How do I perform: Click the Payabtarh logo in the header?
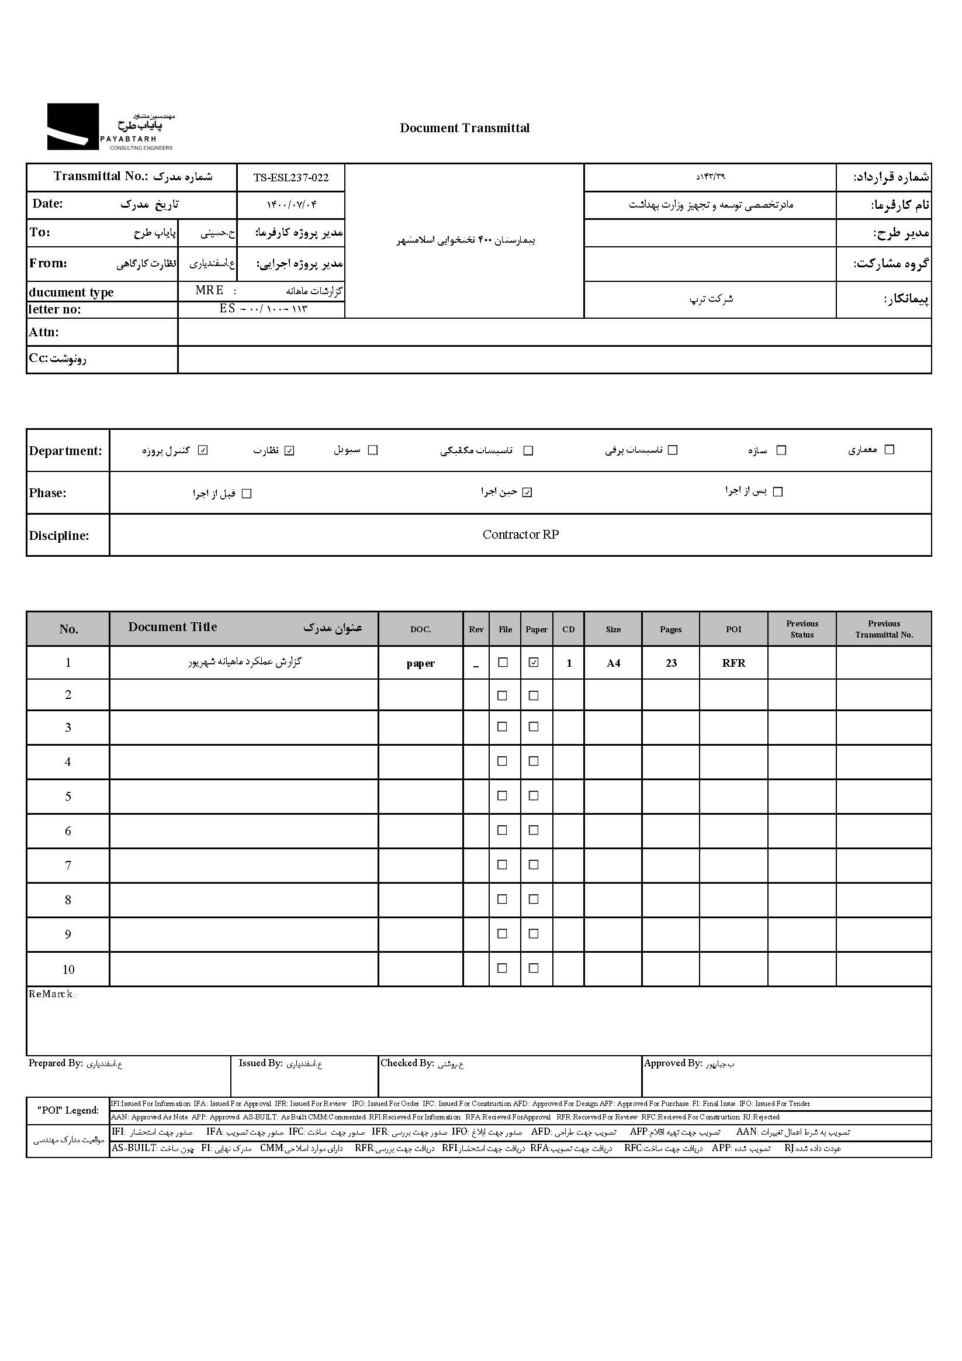[110, 127]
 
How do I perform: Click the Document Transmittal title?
[465, 128]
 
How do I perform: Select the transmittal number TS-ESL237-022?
[290, 177]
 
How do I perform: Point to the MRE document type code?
[210, 291]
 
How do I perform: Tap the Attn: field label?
[44, 332]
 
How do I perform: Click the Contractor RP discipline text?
[520, 535]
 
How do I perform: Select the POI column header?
[733, 629]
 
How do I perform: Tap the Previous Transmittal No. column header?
[884, 629]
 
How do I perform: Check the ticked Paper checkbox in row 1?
[534, 663]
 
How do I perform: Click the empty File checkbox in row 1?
[503, 663]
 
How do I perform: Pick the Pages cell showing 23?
[671, 663]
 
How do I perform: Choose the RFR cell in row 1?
[733, 663]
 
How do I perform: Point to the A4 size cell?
[613, 663]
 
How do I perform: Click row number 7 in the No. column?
[68, 866]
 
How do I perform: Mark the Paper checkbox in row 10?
[534, 969]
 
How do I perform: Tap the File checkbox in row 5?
[502, 795]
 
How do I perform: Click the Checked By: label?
[407, 1063]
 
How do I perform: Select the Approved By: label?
[673, 1063]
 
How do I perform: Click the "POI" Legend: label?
[68, 1110]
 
